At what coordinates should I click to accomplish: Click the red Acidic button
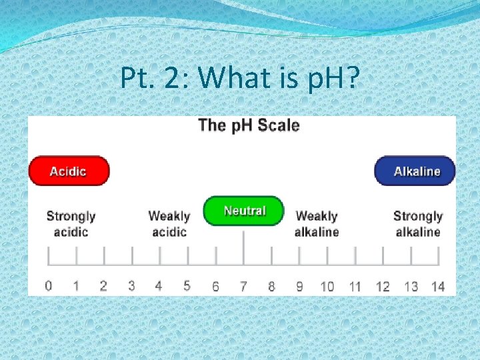[69, 171]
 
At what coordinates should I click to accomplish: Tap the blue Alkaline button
[415, 171]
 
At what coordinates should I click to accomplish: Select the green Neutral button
[244, 211]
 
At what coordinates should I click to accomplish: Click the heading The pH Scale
[249, 125]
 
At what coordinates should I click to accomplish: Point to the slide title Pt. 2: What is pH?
[239, 79]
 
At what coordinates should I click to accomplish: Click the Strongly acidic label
[71, 224]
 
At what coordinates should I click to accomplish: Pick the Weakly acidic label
[169, 224]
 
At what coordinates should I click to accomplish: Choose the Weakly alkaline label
[317, 224]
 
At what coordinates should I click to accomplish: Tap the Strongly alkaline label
[418, 224]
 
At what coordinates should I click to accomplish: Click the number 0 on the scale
[49, 286]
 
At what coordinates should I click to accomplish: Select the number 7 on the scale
[243, 287]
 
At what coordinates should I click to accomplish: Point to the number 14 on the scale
[437, 287]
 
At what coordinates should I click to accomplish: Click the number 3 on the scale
[131, 286]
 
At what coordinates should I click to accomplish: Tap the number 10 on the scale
[327, 287]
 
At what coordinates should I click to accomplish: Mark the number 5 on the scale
[187, 286]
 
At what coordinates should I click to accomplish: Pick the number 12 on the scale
[383, 287]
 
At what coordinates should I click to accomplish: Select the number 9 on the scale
[299, 287]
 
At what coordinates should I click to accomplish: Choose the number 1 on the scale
[76, 286]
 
